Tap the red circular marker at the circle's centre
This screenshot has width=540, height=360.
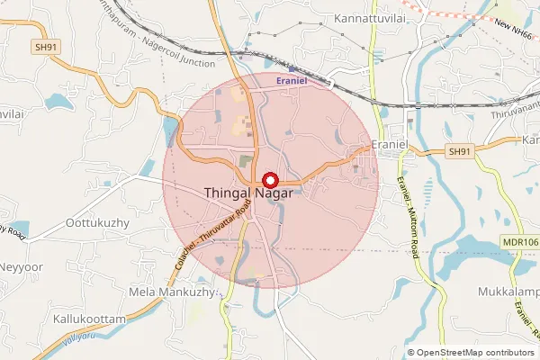click(268, 180)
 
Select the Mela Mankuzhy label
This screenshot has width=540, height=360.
click(175, 292)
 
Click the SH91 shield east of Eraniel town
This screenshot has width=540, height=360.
click(459, 152)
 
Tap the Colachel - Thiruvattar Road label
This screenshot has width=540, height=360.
click(209, 238)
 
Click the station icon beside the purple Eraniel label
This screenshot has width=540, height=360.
click(293, 67)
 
